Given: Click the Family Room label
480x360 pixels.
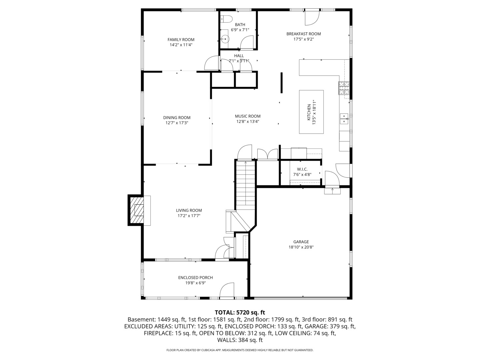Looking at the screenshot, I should (x=181, y=40).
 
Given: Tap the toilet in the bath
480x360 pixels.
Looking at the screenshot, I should (x=227, y=19).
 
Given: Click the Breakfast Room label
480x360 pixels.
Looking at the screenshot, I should (x=303, y=34).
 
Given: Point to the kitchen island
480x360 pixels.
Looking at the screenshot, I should (x=311, y=112).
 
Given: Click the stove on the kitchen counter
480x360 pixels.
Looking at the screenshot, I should (x=344, y=88).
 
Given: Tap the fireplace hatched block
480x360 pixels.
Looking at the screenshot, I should (x=136, y=211).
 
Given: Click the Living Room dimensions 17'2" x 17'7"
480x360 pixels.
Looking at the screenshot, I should (x=189, y=216).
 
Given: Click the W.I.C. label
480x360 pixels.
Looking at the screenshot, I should (x=302, y=169).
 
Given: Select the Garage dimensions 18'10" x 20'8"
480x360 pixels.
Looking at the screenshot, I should (x=301, y=247).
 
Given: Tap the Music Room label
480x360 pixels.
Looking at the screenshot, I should (x=248, y=116).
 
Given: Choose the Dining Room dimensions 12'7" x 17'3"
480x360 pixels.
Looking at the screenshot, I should (x=177, y=123).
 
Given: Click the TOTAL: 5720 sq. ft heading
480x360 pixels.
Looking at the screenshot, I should (x=240, y=312).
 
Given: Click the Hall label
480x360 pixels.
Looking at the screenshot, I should (x=239, y=56).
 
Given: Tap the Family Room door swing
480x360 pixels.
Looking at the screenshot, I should (x=211, y=63).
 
